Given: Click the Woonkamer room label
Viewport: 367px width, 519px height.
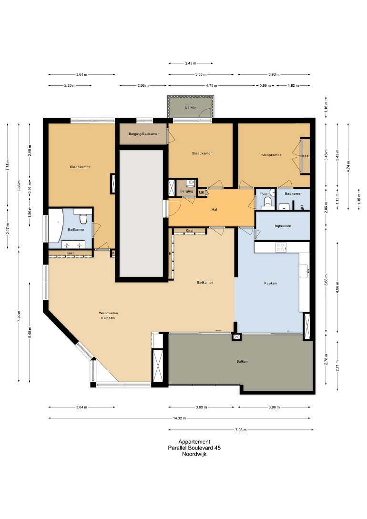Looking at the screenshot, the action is pos(109,313).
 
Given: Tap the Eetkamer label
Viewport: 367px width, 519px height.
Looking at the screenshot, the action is pos(205,282).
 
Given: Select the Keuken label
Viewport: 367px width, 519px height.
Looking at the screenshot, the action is pos(270,284).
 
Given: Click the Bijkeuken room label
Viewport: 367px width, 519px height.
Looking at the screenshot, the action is pos(283,226).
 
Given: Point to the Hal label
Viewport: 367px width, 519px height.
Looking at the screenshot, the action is pos(214,210).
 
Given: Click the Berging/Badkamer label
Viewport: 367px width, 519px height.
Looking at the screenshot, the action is pos(143,134).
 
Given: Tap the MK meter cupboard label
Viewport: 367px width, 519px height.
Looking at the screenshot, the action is pos(202,193).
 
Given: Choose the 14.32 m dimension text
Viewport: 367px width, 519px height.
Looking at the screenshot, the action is pos(179,418).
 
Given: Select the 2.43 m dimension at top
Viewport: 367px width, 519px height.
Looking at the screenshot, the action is pos(191,63).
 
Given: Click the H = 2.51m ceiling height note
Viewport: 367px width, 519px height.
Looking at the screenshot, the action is pos(108,318).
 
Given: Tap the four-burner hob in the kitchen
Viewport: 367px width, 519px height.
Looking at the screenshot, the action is pos(281,247).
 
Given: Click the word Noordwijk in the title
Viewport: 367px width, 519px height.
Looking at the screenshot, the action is pos(194,454).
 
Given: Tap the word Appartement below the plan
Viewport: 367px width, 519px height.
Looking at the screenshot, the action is pos(194,441).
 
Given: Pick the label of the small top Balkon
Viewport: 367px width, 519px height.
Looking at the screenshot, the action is pos(191,107).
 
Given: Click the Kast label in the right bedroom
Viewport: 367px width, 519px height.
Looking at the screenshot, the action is pos(306,156).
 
